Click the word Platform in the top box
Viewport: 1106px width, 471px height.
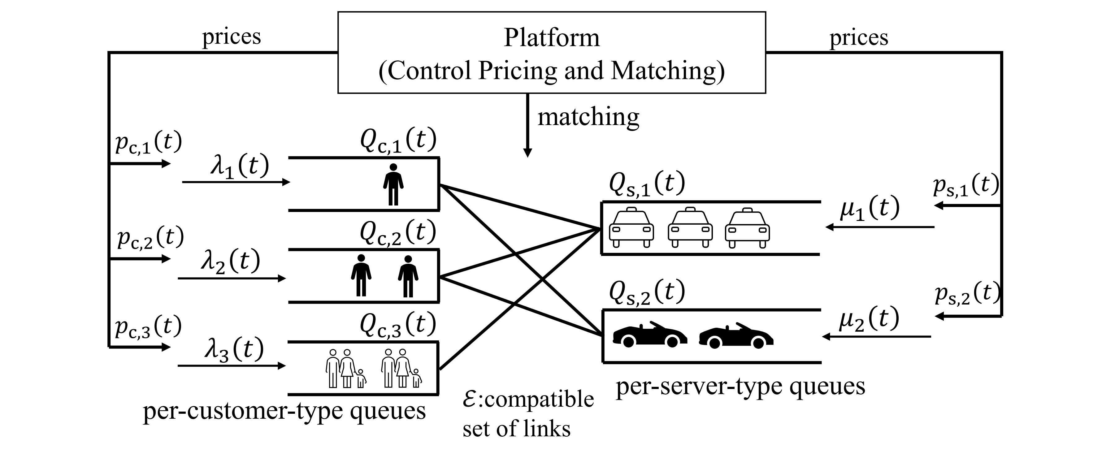pyautogui.click(x=551, y=38)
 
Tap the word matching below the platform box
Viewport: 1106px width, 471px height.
pyautogui.click(x=588, y=117)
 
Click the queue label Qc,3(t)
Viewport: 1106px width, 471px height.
pyautogui.click(x=398, y=325)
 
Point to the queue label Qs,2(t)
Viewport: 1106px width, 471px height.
pyautogui.click(x=647, y=292)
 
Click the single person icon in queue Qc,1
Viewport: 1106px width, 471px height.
pyautogui.click(x=393, y=185)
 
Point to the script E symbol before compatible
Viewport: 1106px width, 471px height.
pyautogui.click(x=469, y=399)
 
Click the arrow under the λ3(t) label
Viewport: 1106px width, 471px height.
pyautogui.click(x=232, y=366)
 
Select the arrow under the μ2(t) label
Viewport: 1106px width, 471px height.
pyautogui.click(x=876, y=337)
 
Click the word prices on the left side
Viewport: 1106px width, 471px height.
pyautogui.click(x=232, y=37)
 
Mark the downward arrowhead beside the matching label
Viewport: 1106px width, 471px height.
pyautogui.click(x=528, y=153)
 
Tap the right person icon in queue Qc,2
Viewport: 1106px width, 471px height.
pyautogui.click(x=408, y=276)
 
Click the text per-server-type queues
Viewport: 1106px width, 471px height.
pyautogui.click(x=740, y=387)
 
